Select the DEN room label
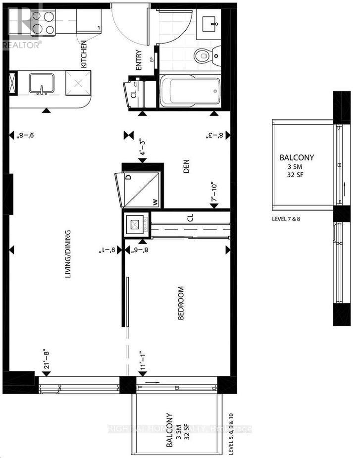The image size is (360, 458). (187, 169)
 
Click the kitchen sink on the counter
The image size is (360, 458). (41, 84)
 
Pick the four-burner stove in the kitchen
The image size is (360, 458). (43, 22)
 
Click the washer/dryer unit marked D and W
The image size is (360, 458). (141, 190)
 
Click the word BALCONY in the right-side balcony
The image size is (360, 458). (297, 158)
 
